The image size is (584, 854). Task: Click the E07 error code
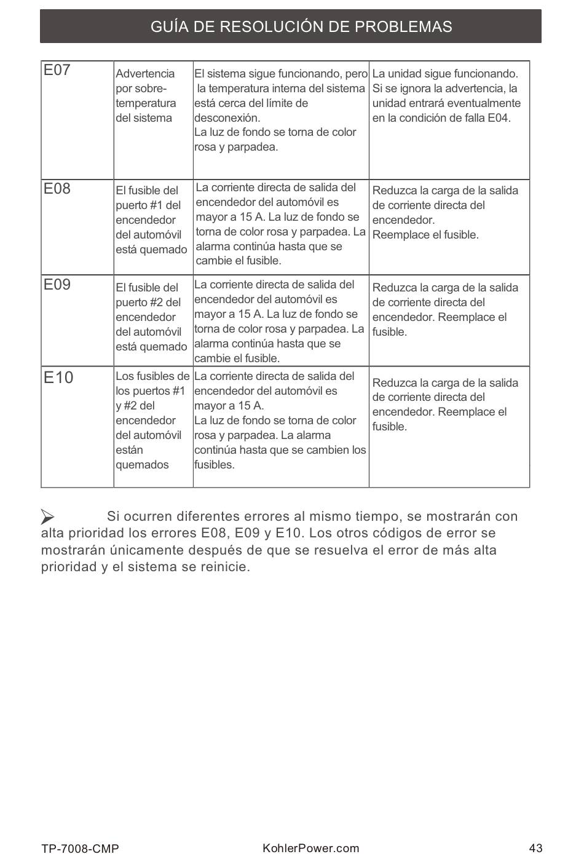pos(57,70)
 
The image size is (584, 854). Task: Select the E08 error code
pos(57,189)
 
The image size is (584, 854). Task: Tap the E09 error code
pos(57,285)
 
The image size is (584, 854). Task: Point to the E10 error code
pos(58,378)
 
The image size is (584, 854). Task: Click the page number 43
pos(535,848)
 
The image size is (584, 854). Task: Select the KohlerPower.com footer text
pos(310,848)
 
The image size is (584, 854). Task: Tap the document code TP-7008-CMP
pos(80,848)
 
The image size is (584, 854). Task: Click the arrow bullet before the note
pos(48,516)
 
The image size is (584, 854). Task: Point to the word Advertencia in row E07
pos(145,74)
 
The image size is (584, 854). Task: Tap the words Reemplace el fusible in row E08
pos(425,235)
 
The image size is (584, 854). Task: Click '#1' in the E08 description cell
pos(156,205)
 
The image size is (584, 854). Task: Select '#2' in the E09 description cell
pos(156,302)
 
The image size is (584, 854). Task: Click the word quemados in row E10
pos(142,465)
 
